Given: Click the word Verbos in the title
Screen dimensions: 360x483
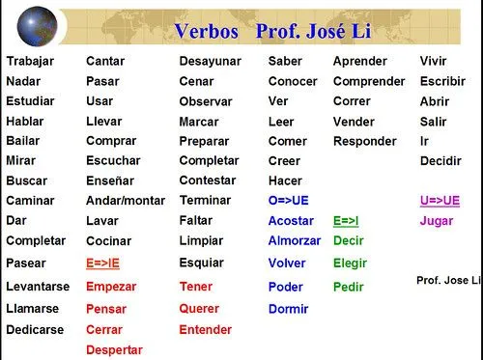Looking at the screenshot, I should click(x=207, y=32).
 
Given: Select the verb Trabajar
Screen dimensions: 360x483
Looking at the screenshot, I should click(x=29, y=61).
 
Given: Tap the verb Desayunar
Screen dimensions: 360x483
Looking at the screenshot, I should click(x=211, y=61).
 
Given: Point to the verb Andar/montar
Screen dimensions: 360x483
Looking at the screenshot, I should click(x=125, y=201).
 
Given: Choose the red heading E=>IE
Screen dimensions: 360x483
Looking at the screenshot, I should click(x=104, y=263).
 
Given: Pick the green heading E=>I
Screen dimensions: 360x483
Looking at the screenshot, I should click(x=346, y=221).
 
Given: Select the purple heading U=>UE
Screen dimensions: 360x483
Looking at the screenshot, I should click(x=440, y=201).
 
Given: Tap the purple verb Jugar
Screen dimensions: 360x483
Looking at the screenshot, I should click(x=437, y=221).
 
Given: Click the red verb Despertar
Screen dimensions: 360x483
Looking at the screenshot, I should click(x=114, y=350).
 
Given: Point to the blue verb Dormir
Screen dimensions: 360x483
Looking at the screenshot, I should click(x=289, y=309).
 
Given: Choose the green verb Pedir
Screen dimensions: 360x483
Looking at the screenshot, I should click(x=348, y=287).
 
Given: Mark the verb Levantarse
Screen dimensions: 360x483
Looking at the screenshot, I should click(x=37, y=287).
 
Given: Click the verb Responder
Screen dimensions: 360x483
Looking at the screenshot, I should click(x=364, y=141).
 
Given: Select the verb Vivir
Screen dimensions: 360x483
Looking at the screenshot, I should click(x=433, y=61).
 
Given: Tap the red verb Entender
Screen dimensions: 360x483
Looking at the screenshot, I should click(x=205, y=330).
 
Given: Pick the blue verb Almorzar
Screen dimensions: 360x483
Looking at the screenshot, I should click(x=295, y=240).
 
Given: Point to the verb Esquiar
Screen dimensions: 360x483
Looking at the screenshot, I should click(x=202, y=263).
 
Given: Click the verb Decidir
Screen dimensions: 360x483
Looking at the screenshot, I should click(x=440, y=160).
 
